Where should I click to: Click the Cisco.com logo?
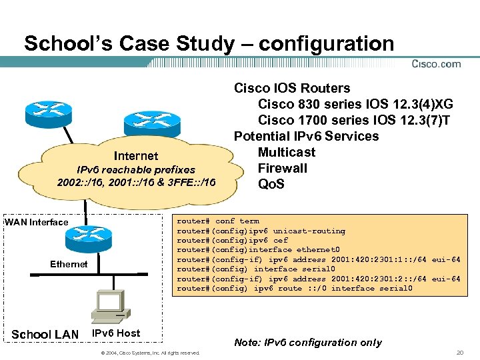(x=436, y=64)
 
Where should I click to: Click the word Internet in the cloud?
(x=136, y=156)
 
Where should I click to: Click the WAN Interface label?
(x=37, y=222)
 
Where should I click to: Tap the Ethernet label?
(x=69, y=264)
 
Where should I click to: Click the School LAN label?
(x=45, y=334)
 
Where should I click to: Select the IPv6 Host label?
(x=116, y=332)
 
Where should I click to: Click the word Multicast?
(x=287, y=152)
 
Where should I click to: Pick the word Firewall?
(x=283, y=168)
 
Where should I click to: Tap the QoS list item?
(x=271, y=184)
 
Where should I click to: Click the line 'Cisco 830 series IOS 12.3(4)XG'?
(x=355, y=104)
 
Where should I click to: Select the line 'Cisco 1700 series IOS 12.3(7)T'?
(x=354, y=120)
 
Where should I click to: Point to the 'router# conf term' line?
(x=218, y=221)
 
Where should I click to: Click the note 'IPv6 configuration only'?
(x=308, y=342)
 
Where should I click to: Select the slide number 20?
(x=459, y=352)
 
